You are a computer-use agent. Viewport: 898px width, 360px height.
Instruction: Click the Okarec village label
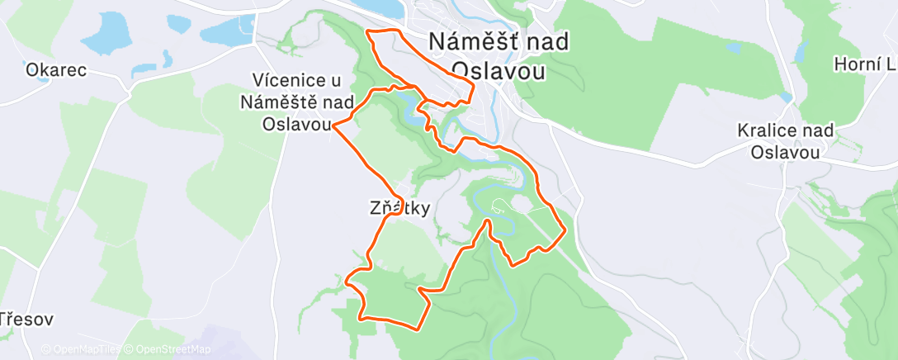(x=56, y=70)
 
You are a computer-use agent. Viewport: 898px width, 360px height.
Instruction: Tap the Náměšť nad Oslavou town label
(x=499, y=56)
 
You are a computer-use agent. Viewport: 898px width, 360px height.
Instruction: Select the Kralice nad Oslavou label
(x=786, y=141)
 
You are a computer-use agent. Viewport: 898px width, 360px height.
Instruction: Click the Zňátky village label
(x=399, y=209)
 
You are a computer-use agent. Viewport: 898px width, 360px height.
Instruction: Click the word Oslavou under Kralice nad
(x=786, y=152)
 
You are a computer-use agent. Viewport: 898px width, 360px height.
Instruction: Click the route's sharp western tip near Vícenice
(x=333, y=126)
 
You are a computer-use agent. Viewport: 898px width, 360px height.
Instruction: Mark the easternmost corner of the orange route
(x=565, y=231)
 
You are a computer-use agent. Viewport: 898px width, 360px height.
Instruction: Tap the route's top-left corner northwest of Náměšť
(x=367, y=32)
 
